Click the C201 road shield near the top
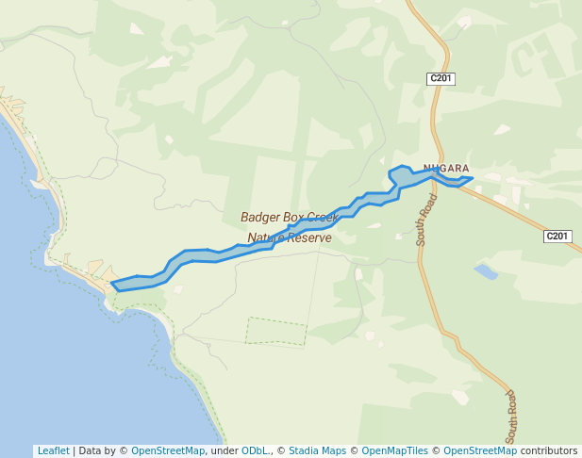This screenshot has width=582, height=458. pos(441,79)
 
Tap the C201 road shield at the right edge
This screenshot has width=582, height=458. pos(557,236)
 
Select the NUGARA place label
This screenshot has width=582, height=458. pos(446,169)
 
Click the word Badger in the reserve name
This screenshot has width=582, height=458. pos(260,218)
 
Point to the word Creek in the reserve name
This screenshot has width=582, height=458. pos(321,218)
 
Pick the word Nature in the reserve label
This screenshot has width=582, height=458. pos(266,238)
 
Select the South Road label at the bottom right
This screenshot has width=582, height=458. pos(510,417)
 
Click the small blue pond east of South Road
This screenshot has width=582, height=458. pos(486,272)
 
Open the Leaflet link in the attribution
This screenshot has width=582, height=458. pos(53,450)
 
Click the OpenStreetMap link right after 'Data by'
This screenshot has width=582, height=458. pos(167,450)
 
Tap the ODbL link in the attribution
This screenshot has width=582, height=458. pos(255,450)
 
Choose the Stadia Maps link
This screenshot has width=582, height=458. pos(317,450)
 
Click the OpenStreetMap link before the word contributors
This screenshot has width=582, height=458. pos(480,450)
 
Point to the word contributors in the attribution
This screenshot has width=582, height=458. pos(548,450)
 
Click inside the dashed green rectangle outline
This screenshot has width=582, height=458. pos(276,331)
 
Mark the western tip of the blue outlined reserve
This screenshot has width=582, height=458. pos(112,283)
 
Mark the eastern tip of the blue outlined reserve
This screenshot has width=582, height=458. pos(472,178)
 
